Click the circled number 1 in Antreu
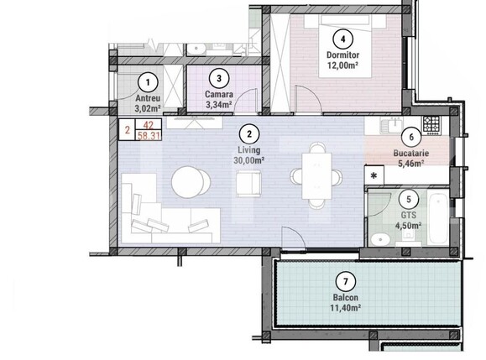tap(148, 82)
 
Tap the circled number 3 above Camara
tap(218, 79)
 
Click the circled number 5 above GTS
tap(408, 200)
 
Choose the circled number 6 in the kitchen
tap(411, 138)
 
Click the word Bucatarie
tap(412, 154)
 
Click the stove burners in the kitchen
tap(431, 125)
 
